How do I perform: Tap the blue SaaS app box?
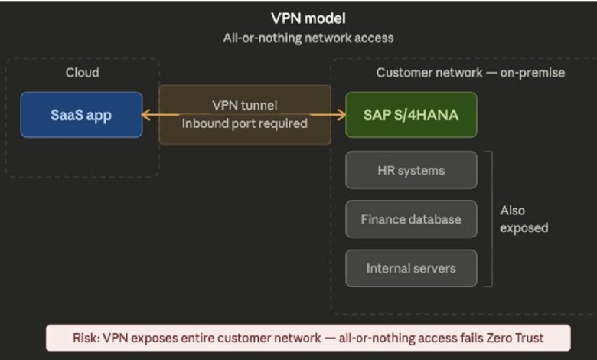(81, 115)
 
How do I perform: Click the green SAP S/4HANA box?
(411, 115)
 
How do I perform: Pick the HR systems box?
(411, 170)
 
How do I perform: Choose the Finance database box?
(411, 219)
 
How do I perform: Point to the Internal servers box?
(411, 268)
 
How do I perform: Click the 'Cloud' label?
(82, 73)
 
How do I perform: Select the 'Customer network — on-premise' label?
(470, 73)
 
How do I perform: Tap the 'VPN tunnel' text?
(244, 105)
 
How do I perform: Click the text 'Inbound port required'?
(244, 123)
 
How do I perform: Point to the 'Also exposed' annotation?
(524, 219)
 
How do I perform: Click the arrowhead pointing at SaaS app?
(146, 116)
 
